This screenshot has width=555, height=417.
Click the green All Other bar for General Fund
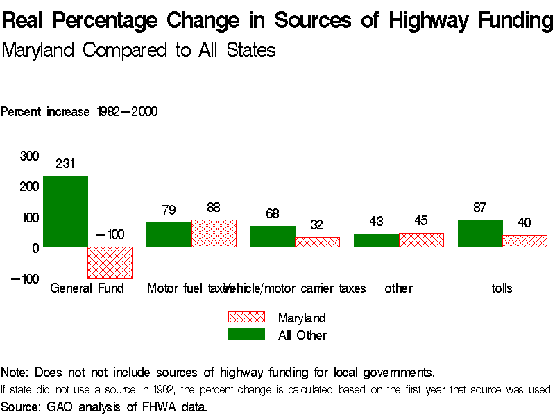point(65,211)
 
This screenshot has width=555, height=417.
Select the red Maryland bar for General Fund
point(110,262)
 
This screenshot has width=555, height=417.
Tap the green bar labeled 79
point(169,234)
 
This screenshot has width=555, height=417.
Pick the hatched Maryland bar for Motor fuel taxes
point(214,233)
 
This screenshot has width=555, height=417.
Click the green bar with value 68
point(273,236)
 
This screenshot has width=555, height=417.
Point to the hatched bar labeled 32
point(318,242)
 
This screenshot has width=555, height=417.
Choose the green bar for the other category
point(376,240)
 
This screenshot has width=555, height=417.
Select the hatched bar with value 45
point(421,240)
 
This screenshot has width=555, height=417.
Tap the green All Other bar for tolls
point(480,234)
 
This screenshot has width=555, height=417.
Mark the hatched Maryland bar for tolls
point(525,240)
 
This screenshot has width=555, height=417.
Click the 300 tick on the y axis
point(29,156)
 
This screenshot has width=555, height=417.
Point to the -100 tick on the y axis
point(25,279)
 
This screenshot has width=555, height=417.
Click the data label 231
point(65,165)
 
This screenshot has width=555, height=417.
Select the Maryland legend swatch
point(246,318)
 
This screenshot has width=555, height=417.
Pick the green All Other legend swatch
point(246,334)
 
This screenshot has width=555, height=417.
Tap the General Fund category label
point(87,288)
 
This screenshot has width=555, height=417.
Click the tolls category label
point(502,288)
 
